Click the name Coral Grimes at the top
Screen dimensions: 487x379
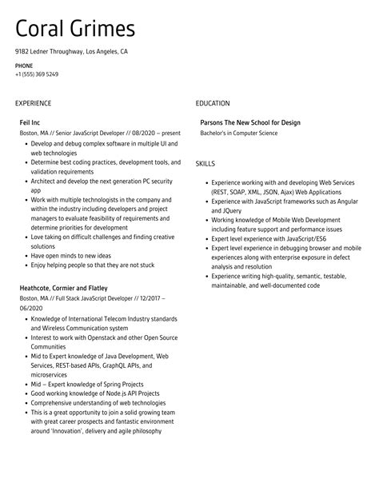[75, 29]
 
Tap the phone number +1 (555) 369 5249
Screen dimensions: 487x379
[36, 74]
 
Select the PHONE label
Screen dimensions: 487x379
[24, 65]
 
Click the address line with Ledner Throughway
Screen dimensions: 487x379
[71, 51]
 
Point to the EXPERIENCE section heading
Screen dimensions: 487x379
[33, 103]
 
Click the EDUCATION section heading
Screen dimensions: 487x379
[213, 103]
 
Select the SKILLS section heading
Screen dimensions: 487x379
[205, 163]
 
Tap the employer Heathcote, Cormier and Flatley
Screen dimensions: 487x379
[63, 287]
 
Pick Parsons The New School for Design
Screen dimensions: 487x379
[250, 122]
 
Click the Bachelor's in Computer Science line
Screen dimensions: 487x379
[239, 133]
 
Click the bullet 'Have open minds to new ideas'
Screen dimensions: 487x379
[71, 255]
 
